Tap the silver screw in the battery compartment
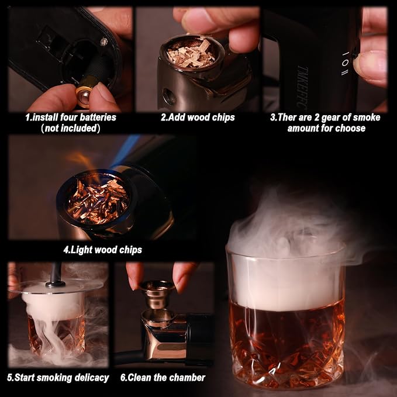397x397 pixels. [104, 42]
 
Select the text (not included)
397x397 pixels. [71, 128]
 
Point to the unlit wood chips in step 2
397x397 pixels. [191, 54]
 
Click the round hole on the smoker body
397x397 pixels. [168, 96]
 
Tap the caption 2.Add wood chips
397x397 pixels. [198, 118]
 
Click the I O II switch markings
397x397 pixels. [345, 63]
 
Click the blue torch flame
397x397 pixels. [125, 151]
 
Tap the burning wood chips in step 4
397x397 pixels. [98, 200]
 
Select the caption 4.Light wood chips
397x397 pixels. [102, 250]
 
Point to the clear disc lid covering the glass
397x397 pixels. [56, 286]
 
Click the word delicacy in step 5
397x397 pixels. [92, 378]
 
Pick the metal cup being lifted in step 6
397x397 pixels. [157, 294]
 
